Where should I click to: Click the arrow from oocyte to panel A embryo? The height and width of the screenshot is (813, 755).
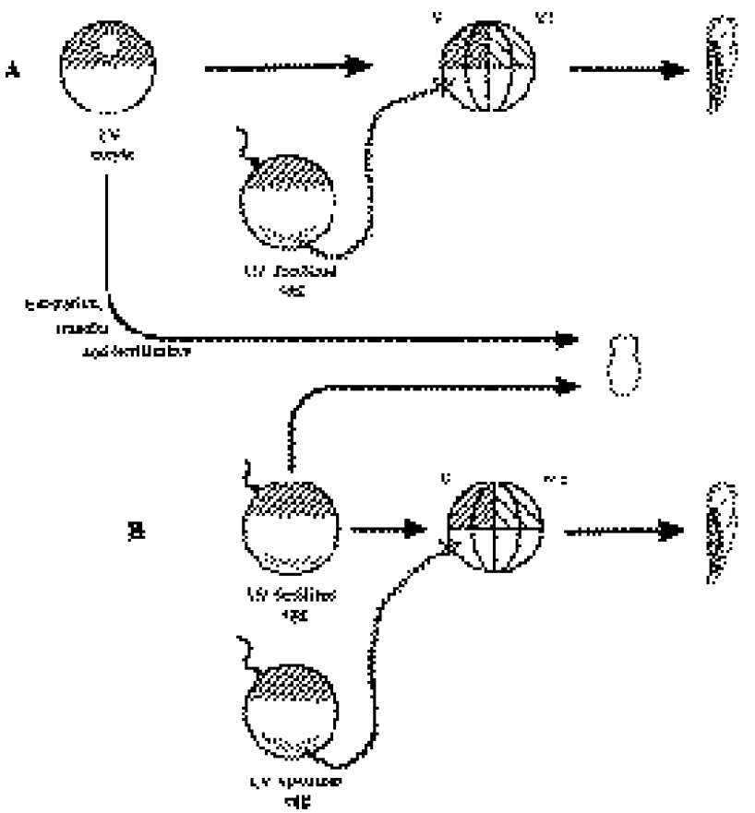(286, 66)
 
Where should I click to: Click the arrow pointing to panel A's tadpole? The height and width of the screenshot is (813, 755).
(628, 69)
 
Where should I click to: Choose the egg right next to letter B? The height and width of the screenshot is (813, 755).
(291, 531)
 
